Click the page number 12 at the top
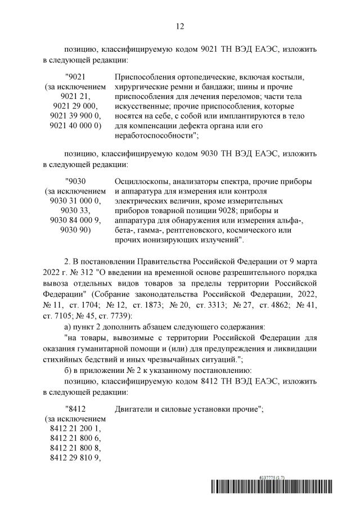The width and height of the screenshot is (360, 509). coord(180,26)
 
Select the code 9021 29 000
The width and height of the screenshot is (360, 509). coord(74,106)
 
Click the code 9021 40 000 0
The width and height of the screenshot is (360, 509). coord(74,126)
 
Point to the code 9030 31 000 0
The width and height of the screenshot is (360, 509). coord(74,200)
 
